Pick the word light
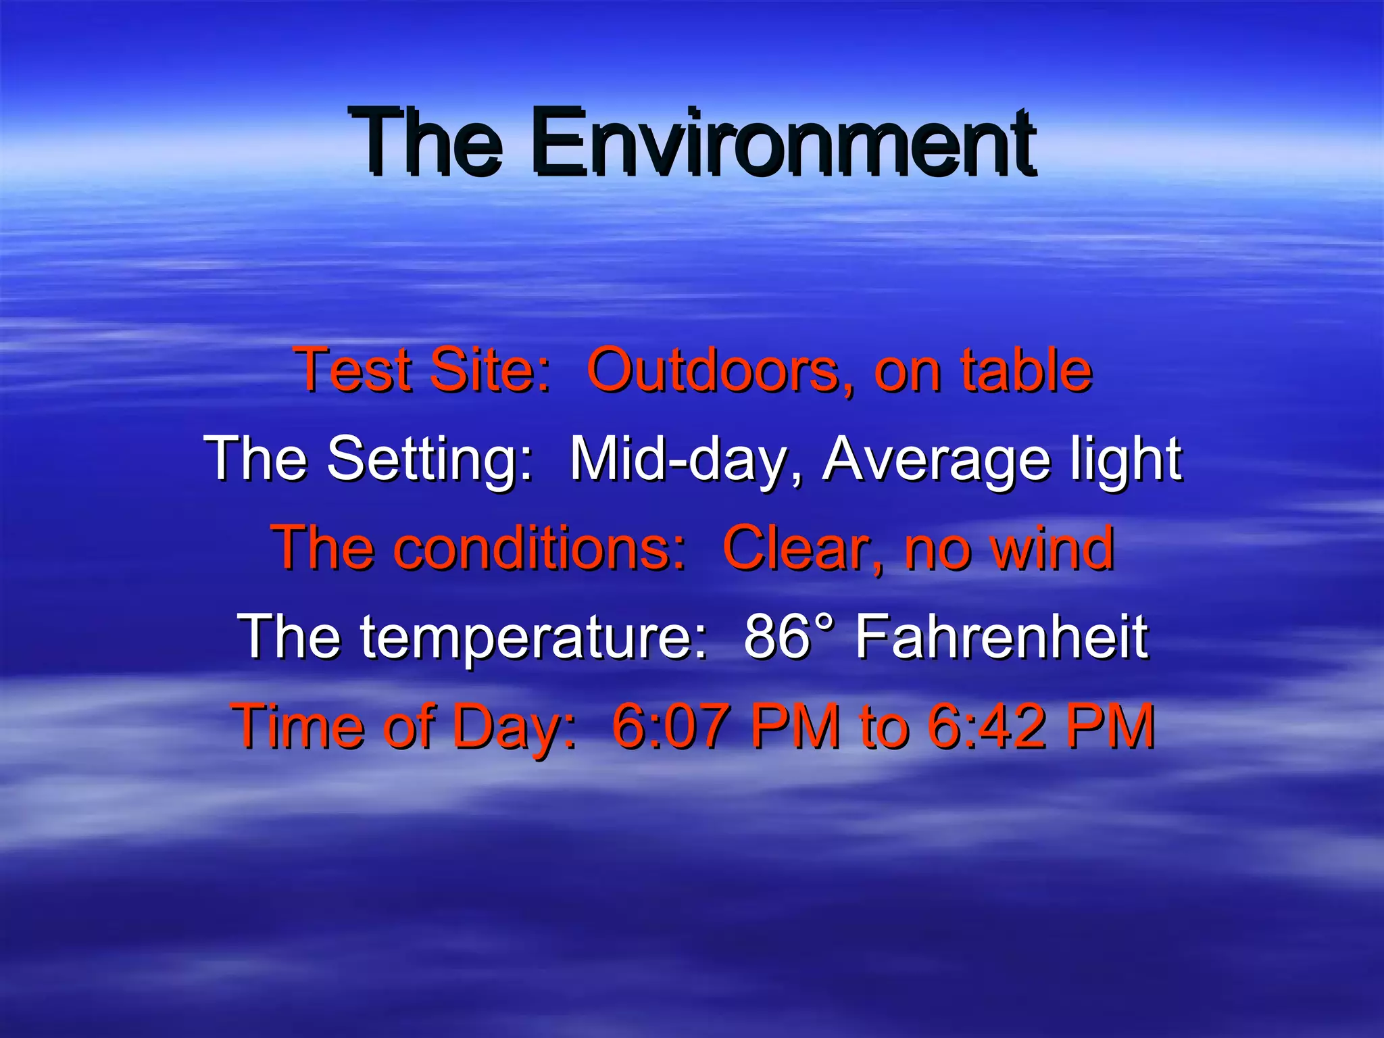pyautogui.click(x=1125, y=460)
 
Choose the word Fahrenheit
pyautogui.click(x=1002, y=637)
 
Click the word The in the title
pyautogui.click(x=426, y=143)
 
